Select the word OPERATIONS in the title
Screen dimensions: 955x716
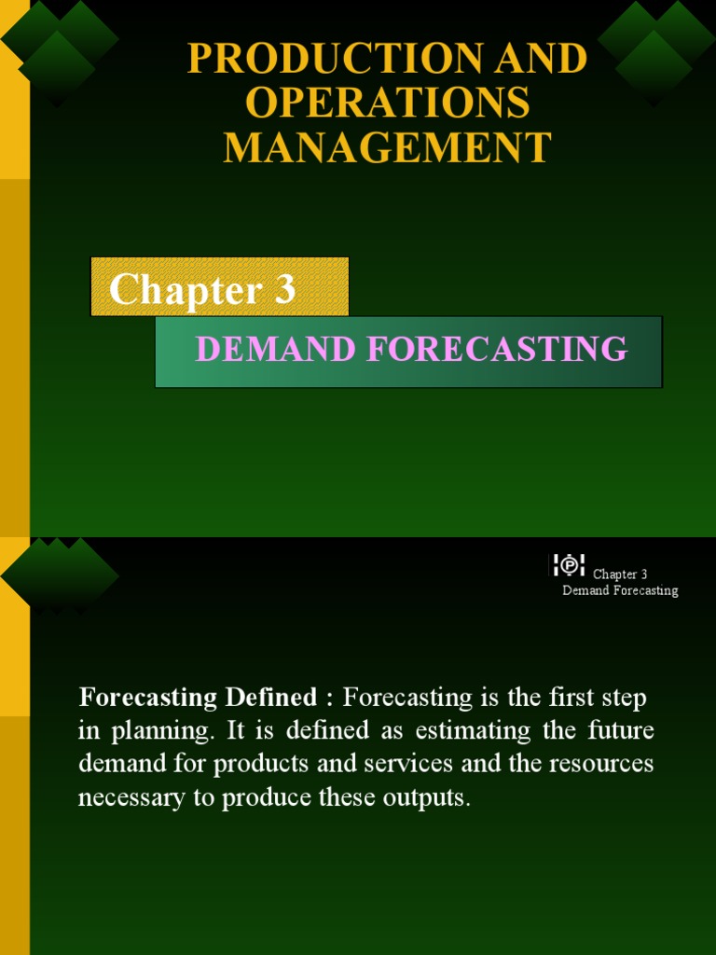tap(387, 103)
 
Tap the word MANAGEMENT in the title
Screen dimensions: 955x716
tap(387, 147)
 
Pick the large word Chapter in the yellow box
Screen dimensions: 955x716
tap(185, 290)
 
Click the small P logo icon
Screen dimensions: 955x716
tap(569, 565)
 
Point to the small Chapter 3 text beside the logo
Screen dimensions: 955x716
tap(620, 574)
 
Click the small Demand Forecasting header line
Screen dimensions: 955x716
tap(620, 590)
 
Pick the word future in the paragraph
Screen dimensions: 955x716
tap(621, 731)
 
